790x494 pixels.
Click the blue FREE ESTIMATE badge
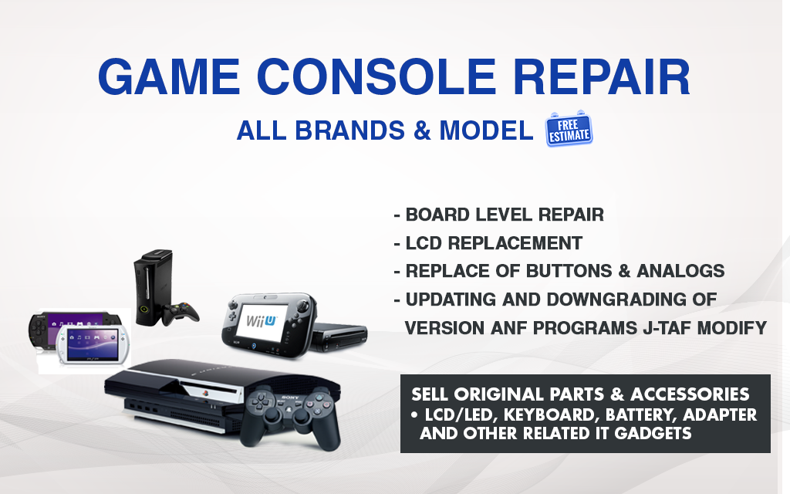[569, 130]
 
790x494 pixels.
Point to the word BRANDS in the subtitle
[349, 130]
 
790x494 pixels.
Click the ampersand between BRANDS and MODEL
[422, 130]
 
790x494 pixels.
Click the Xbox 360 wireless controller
[181, 313]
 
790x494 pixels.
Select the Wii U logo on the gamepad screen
[262, 320]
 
